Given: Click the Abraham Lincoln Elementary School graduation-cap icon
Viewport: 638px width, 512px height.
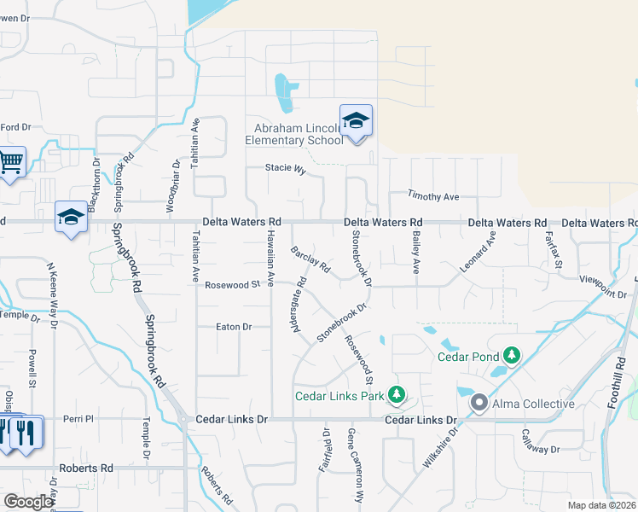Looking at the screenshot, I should pyautogui.click(x=356, y=122).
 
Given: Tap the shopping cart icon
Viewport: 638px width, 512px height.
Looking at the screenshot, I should pyautogui.click(x=10, y=161).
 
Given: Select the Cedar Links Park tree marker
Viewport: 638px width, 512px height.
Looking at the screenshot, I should pyautogui.click(x=396, y=395).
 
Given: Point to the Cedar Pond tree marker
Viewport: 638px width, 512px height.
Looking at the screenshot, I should pyautogui.click(x=511, y=354).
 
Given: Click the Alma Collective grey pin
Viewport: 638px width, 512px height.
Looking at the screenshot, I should pyautogui.click(x=479, y=403).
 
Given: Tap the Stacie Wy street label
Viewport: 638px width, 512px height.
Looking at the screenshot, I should pyautogui.click(x=285, y=169).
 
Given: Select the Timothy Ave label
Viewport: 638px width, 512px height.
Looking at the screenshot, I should pyautogui.click(x=433, y=196).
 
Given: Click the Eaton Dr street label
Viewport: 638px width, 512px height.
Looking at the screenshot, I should pyautogui.click(x=234, y=327).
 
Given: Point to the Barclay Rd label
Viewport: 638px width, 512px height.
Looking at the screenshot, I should pyautogui.click(x=310, y=259).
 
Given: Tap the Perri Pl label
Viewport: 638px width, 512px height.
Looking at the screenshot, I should pyautogui.click(x=76, y=420).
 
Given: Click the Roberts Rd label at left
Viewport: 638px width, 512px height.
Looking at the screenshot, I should pyautogui.click(x=85, y=468).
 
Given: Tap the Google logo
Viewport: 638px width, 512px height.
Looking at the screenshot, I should pyautogui.click(x=27, y=502).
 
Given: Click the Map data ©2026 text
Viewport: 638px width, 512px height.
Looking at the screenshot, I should pyautogui.click(x=601, y=505).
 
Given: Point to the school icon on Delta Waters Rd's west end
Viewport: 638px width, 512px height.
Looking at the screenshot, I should pyautogui.click(x=71, y=217).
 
